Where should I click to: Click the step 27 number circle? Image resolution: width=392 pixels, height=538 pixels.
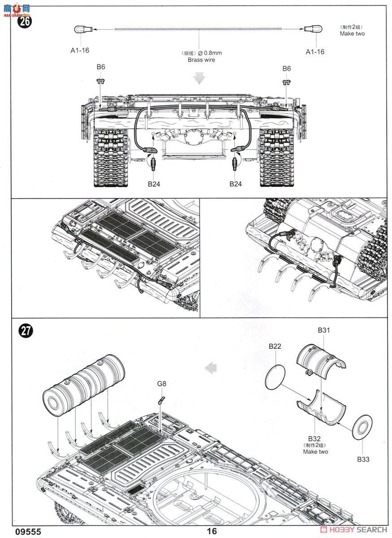(26, 331)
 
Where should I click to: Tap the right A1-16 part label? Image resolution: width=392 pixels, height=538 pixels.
(315, 52)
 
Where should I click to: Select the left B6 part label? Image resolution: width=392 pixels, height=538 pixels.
(100, 67)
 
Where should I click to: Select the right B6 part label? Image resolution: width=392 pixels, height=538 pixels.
(287, 69)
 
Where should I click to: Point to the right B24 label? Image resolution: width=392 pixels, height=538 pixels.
(236, 184)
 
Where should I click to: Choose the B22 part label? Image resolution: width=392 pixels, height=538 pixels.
(275, 346)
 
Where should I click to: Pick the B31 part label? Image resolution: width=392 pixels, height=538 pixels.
(324, 330)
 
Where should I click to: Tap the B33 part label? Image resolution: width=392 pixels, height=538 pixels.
(363, 459)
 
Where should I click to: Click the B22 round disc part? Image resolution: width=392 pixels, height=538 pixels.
(275, 377)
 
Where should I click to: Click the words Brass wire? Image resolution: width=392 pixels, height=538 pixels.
(201, 60)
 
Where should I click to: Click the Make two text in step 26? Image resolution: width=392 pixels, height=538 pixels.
(352, 34)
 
